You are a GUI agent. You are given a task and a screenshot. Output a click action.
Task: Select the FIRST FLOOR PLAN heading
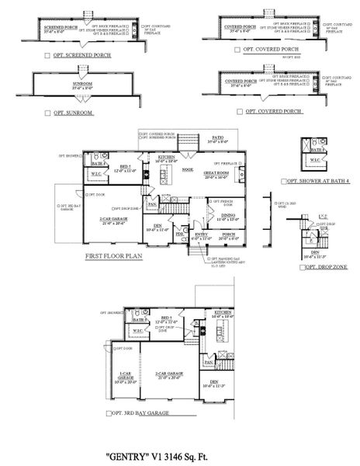(117, 255)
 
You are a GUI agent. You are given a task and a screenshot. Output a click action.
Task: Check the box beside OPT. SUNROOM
(47, 113)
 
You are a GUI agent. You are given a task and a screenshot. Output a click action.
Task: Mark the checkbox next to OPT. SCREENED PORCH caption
(47, 56)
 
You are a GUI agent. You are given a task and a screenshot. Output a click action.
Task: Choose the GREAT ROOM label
(215, 173)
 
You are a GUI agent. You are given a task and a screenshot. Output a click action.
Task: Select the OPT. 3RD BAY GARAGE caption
(147, 421)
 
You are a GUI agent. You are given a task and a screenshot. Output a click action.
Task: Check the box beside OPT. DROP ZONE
(302, 266)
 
